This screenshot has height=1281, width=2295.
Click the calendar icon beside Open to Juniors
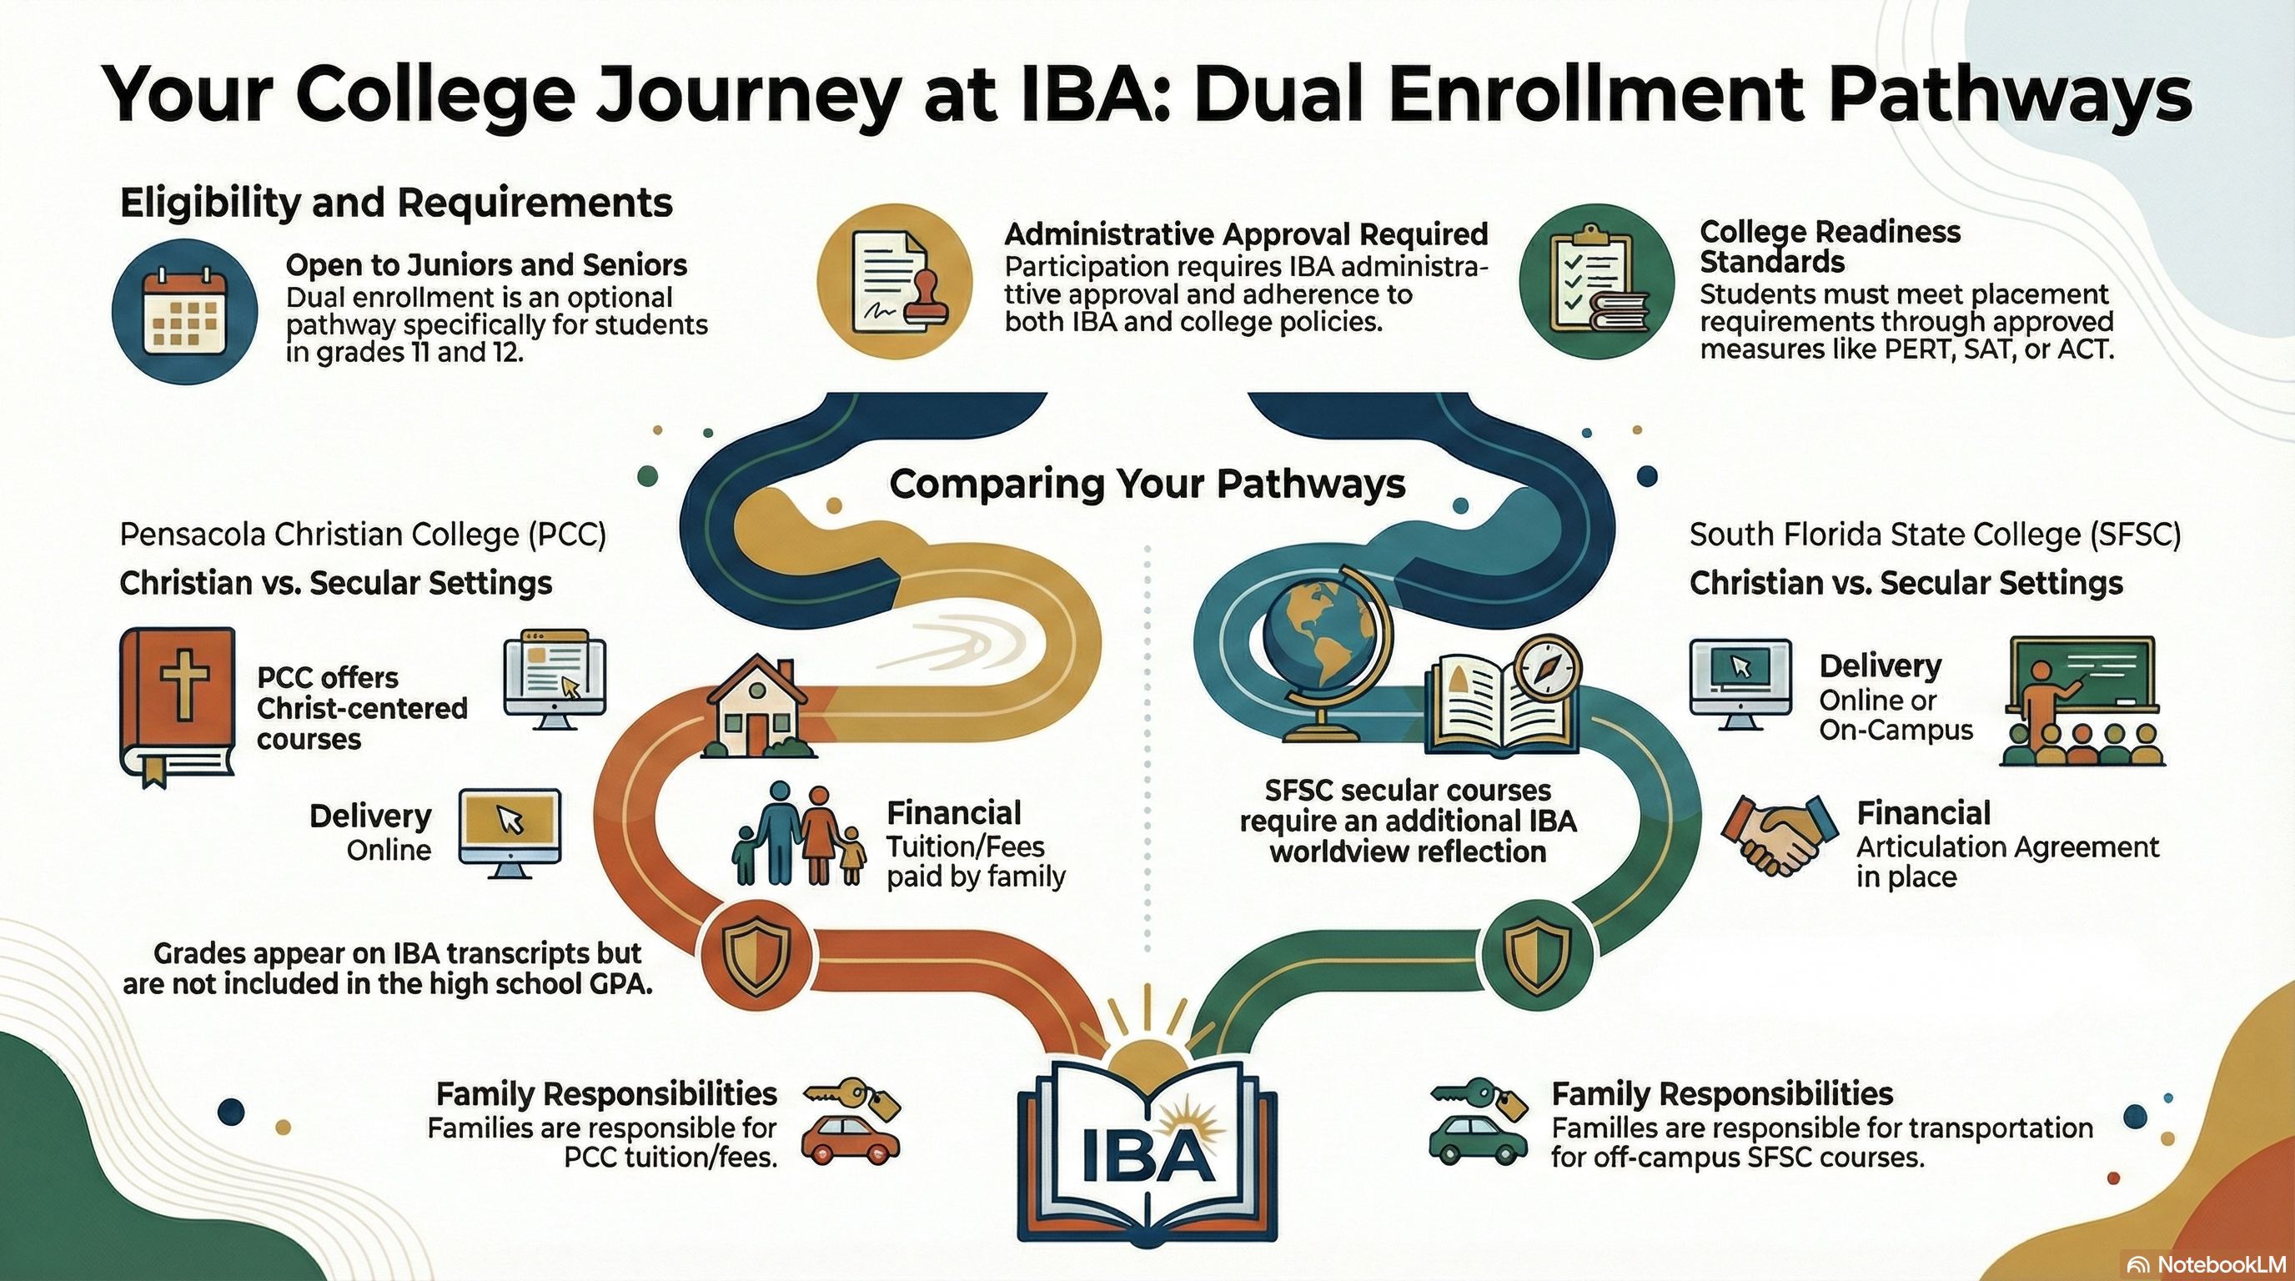coord(185,312)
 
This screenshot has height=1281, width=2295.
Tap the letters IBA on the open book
coord(1147,1155)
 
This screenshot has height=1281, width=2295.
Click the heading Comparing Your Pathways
coord(1147,484)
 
